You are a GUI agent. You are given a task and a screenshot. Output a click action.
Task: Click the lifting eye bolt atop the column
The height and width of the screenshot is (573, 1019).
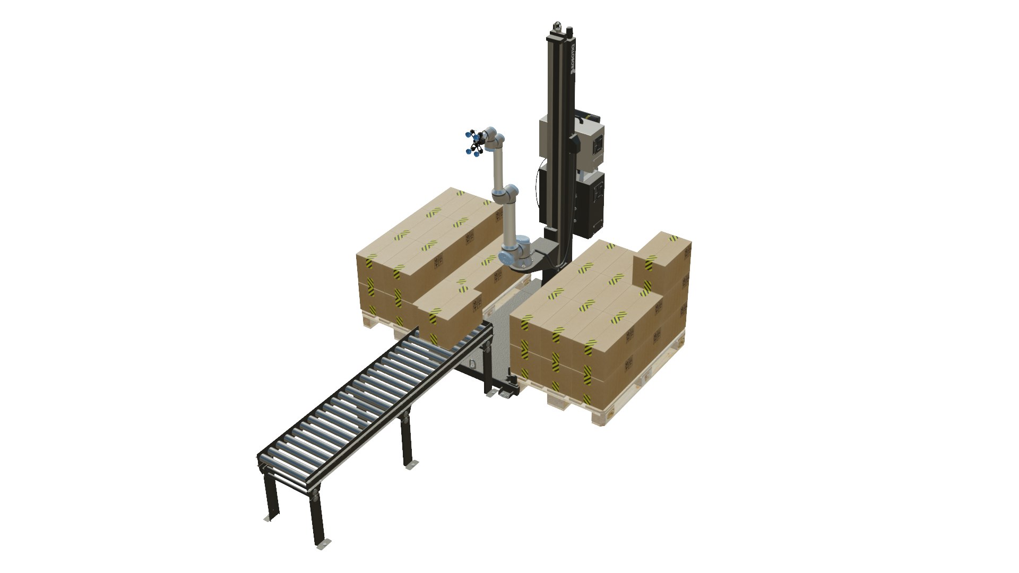click(x=557, y=25)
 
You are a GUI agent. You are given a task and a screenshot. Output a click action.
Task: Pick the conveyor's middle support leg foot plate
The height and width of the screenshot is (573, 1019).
click(x=411, y=465)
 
